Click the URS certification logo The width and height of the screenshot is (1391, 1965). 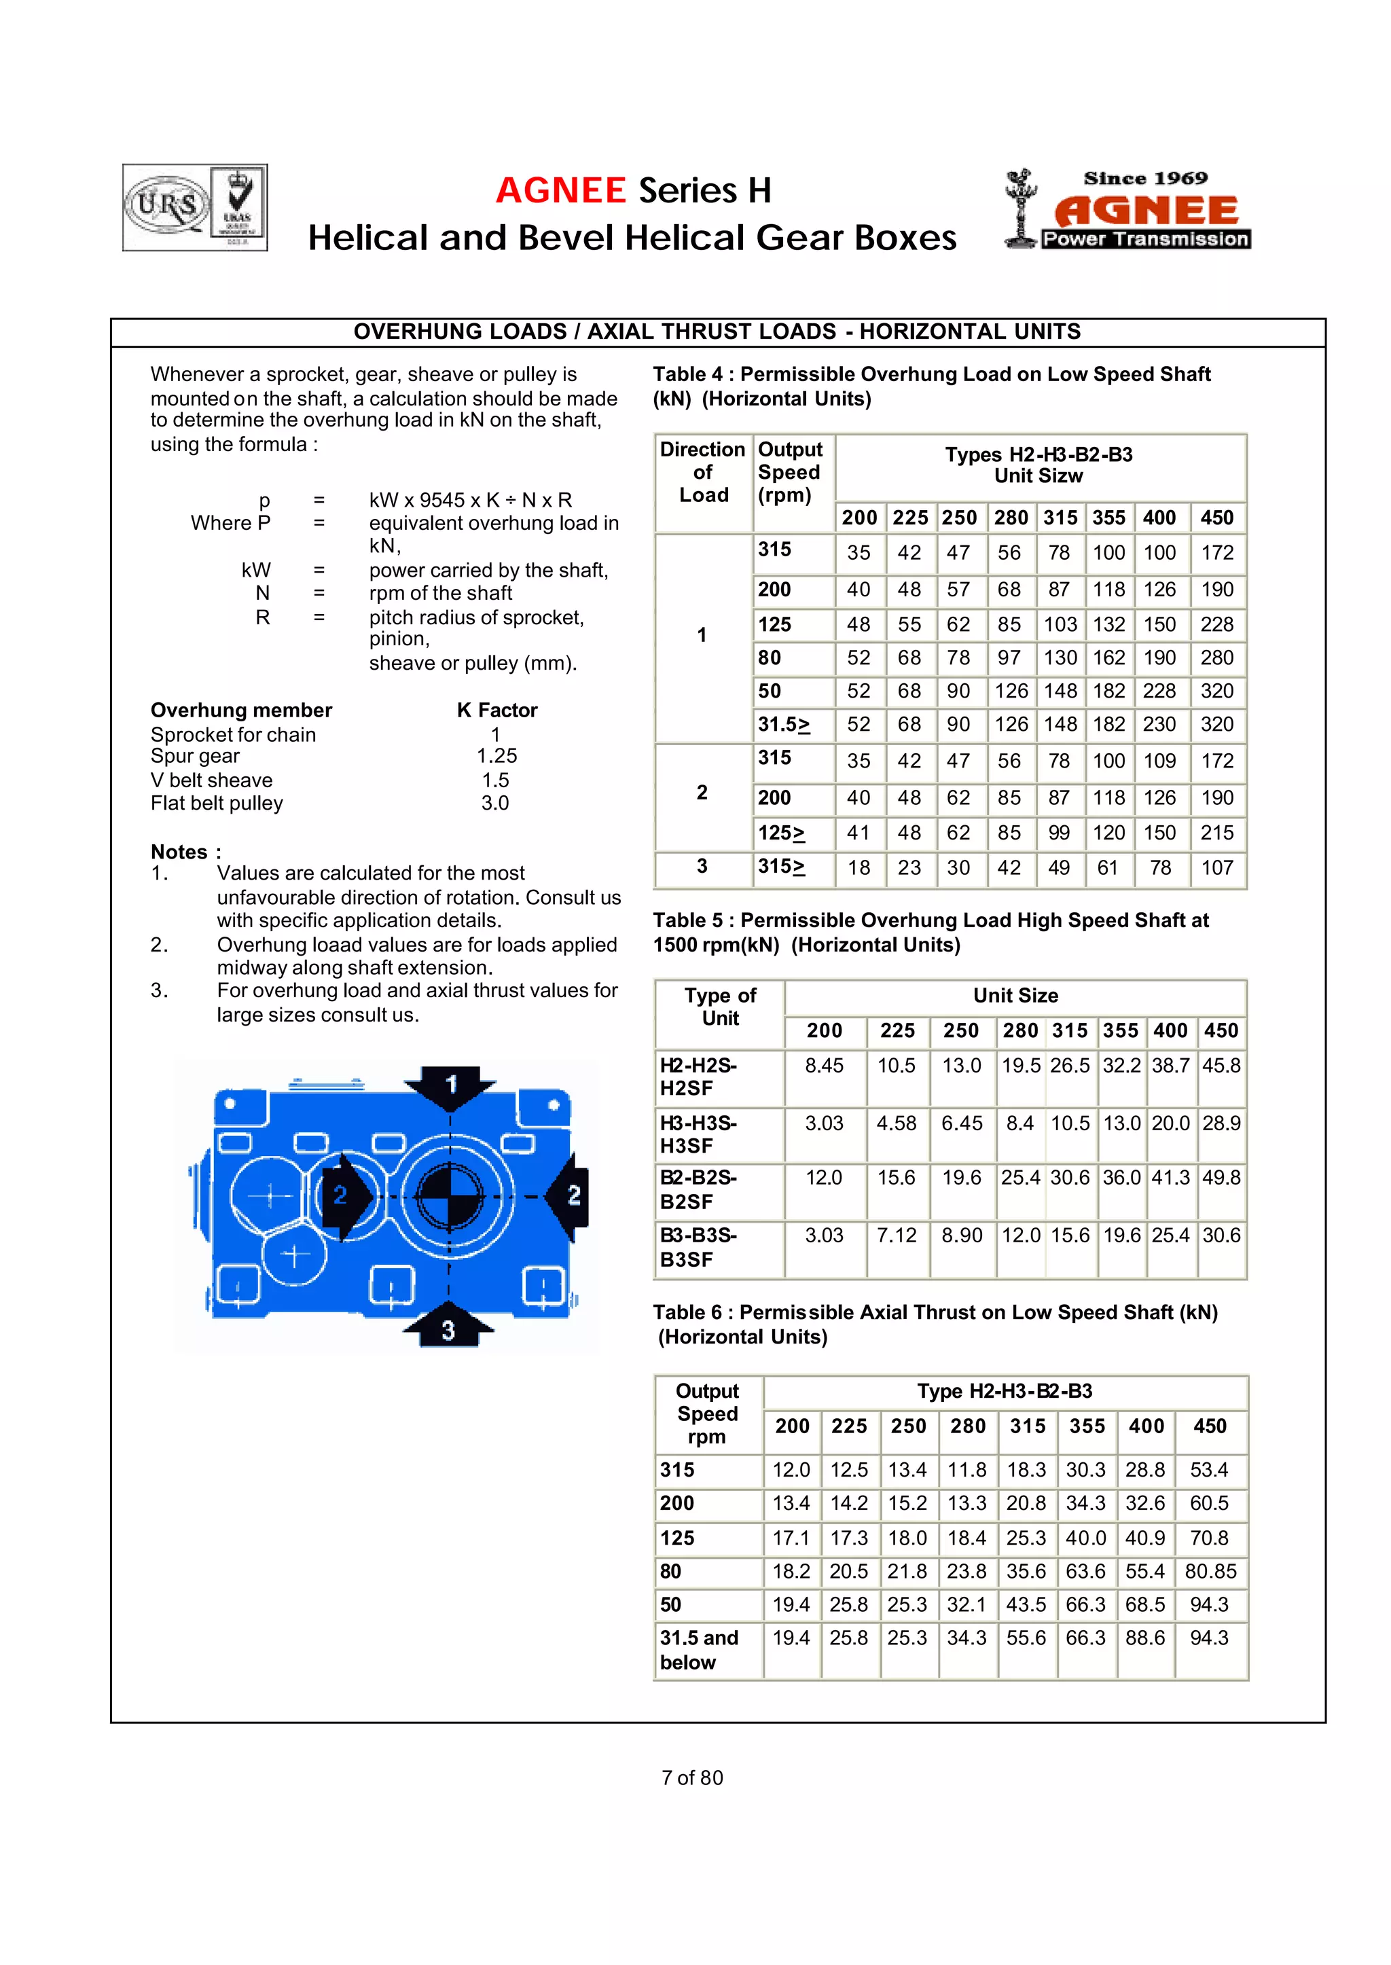pyautogui.click(x=167, y=206)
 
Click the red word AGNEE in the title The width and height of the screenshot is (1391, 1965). pyautogui.click(x=561, y=190)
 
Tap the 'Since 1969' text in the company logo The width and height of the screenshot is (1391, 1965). pyautogui.click(x=1145, y=178)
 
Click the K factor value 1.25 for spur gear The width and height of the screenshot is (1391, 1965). pyautogui.click(x=496, y=757)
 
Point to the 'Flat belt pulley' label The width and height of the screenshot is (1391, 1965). pyautogui.click(x=217, y=804)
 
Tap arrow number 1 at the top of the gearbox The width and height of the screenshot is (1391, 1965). pyautogui.click(x=450, y=1086)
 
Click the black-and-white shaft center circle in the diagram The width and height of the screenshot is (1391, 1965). pyautogui.click(x=449, y=1196)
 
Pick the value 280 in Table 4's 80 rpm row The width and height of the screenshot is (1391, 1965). pyautogui.click(x=1216, y=658)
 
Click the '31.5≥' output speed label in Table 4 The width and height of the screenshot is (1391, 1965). pyautogui.click(x=784, y=725)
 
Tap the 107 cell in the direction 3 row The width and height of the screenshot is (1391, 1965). pyautogui.click(x=1216, y=868)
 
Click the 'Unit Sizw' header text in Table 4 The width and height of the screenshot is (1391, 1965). pyautogui.click(x=1038, y=476)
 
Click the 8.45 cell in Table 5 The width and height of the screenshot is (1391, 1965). pyautogui.click(x=824, y=1066)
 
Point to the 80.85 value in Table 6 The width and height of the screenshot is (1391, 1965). pyautogui.click(x=1210, y=1571)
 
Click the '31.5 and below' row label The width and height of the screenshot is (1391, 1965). pyautogui.click(x=699, y=1650)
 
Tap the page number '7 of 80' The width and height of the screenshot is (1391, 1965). pyautogui.click(x=692, y=1778)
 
